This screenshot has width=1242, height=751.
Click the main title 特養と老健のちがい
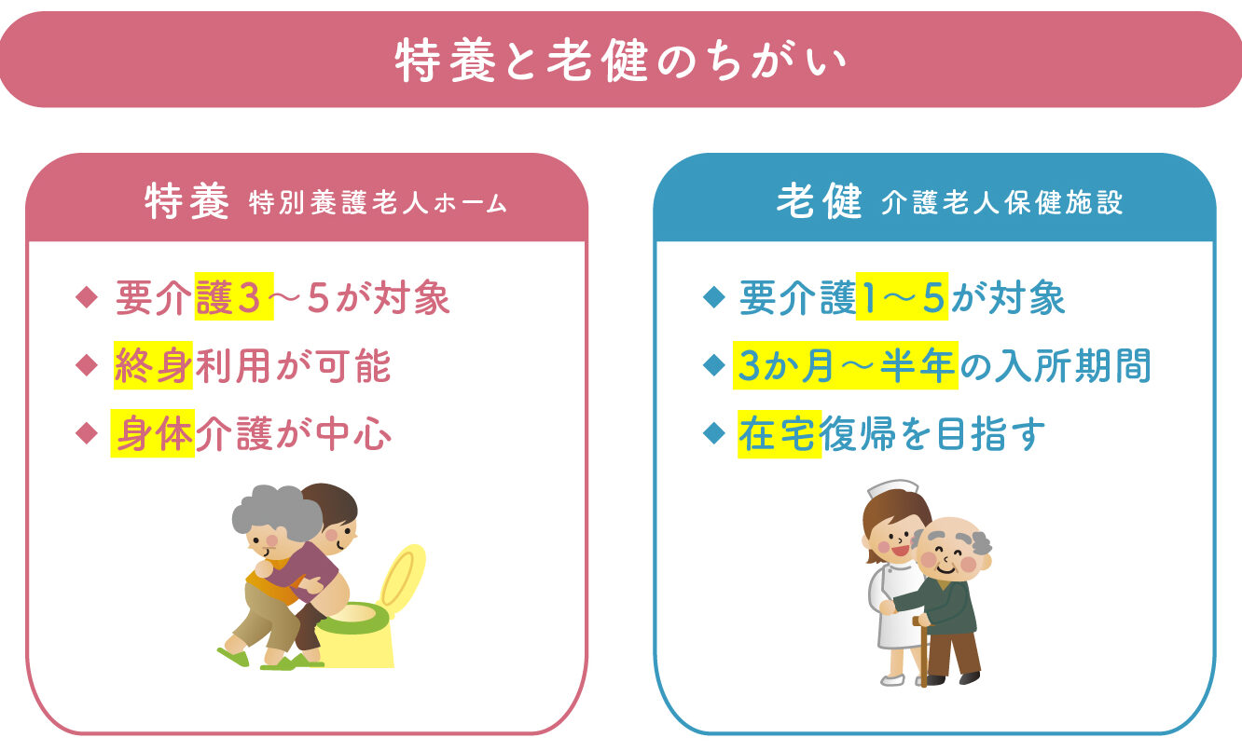point(621,60)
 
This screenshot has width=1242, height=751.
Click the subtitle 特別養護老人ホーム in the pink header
point(378,203)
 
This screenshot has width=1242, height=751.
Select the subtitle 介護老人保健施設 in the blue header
point(1002,202)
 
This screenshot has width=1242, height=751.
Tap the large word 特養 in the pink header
point(186,201)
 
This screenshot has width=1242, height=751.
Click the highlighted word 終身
point(153,365)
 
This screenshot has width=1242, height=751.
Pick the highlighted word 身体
point(153,433)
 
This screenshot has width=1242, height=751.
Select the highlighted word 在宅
point(779,433)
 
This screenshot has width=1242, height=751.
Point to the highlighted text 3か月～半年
point(846,365)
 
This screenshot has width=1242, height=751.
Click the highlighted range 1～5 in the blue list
point(902,296)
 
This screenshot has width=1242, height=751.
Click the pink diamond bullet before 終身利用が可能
point(87,365)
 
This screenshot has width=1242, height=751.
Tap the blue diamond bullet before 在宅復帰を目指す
point(714,433)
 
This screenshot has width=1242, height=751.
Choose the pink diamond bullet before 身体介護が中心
point(87,433)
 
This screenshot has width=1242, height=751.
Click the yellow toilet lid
point(401,578)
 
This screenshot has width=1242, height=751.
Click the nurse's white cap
point(892,489)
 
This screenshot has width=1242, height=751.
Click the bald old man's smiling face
point(949,554)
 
